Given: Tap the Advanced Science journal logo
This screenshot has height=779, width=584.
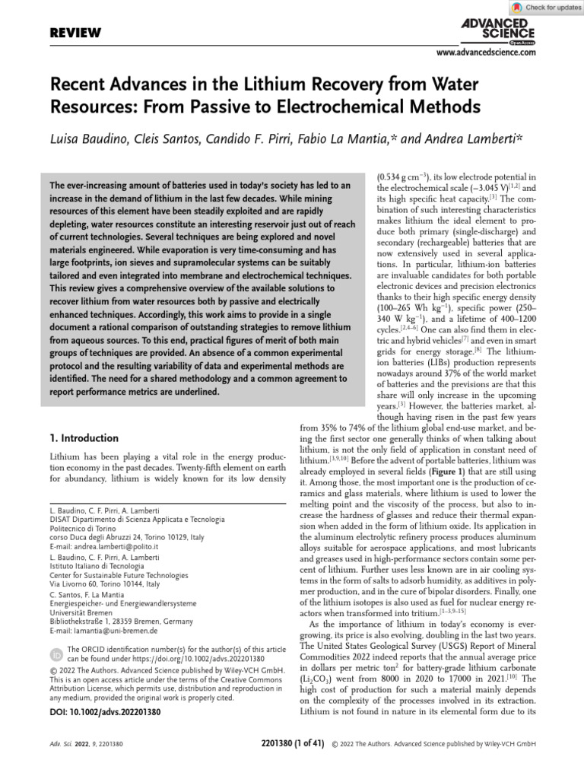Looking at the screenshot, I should coord(498,31).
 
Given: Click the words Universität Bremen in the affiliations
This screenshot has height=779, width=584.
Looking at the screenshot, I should coord(81,611).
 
